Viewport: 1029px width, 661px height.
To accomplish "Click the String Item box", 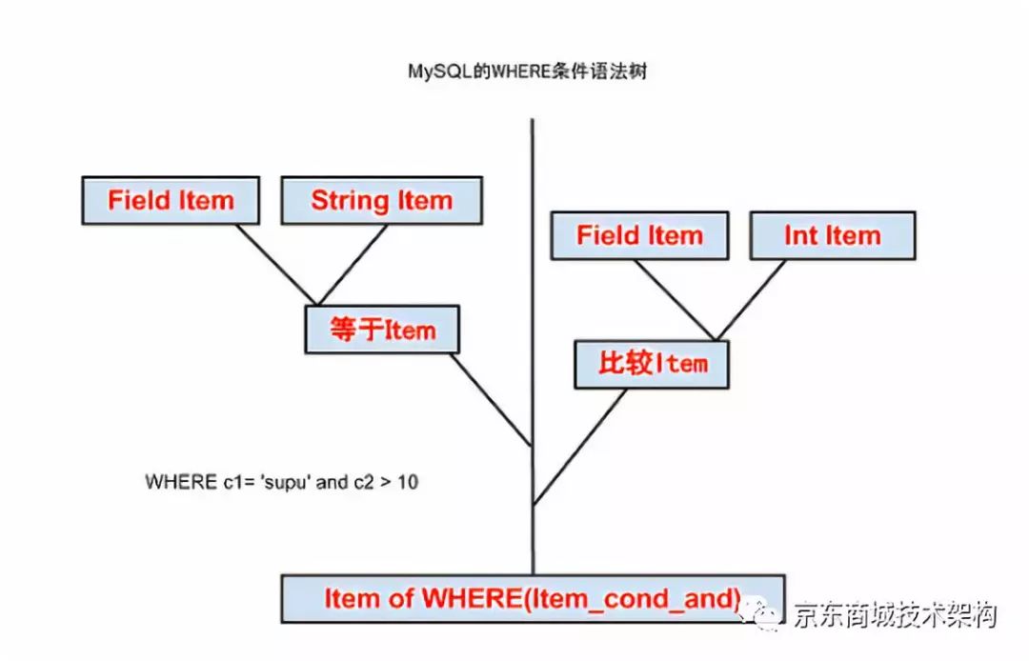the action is click(381, 201).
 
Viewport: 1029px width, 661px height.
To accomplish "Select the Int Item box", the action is click(832, 236).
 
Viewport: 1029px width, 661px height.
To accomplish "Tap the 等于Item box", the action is click(382, 330).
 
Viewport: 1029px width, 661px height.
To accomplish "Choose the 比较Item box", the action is click(652, 363).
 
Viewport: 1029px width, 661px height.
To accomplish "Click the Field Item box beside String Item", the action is click(171, 201).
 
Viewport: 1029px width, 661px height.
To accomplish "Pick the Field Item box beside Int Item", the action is click(639, 236).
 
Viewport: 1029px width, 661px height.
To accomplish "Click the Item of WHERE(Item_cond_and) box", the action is click(532, 598).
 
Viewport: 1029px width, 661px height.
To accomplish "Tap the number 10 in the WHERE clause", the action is click(407, 482).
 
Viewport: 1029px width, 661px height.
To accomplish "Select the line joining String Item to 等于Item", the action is click(353, 264).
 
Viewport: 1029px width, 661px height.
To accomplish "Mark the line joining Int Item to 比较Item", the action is click(753, 298).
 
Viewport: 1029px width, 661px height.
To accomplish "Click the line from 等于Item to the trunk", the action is click(491, 400).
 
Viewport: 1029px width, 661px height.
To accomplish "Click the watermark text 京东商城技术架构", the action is click(894, 615).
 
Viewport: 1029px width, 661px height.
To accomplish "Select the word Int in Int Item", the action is click(800, 236).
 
